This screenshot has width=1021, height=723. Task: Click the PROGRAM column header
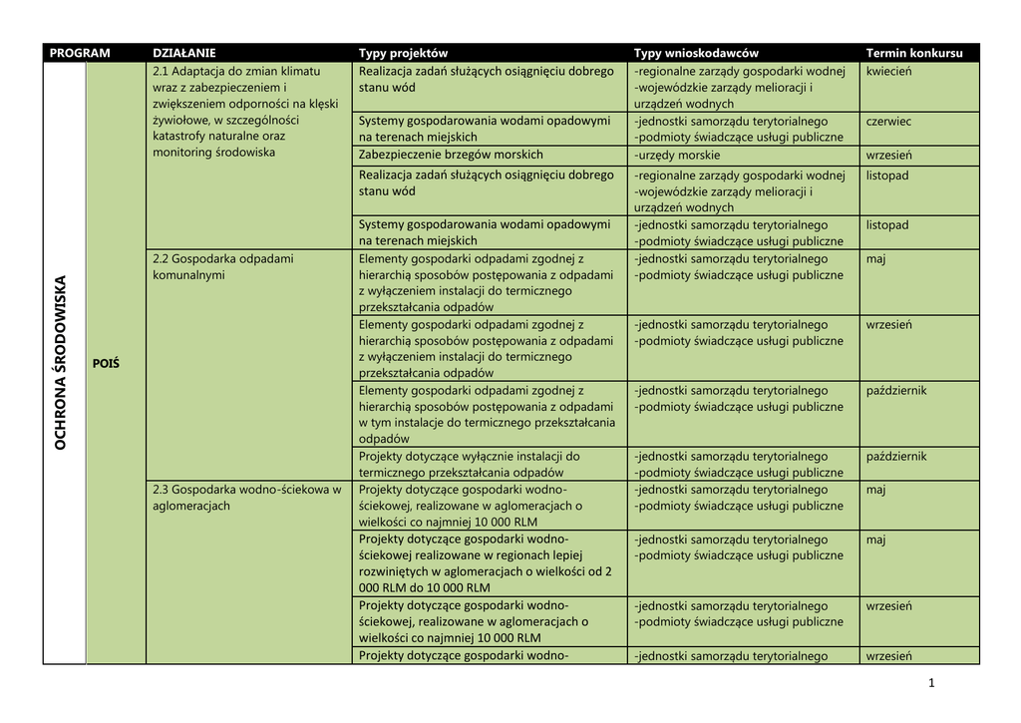click(81, 53)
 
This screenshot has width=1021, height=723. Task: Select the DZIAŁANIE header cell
click(184, 53)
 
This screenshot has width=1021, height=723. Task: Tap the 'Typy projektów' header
click(404, 53)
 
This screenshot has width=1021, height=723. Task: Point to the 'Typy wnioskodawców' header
click(696, 53)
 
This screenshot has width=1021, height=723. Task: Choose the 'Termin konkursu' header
click(914, 53)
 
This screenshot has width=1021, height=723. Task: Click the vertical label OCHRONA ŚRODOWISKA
click(61, 362)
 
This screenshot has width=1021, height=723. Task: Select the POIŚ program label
click(106, 364)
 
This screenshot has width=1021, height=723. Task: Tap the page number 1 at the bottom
click(931, 683)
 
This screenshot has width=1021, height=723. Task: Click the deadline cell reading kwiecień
click(888, 72)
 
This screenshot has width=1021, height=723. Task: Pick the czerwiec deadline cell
click(888, 122)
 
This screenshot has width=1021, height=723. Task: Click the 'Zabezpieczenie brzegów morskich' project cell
click(451, 155)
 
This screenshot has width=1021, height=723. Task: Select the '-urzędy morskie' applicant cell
click(677, 156)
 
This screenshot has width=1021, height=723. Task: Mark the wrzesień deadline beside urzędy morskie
click(889, 156)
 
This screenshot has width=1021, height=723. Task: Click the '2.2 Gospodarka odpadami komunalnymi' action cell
click(222, 266)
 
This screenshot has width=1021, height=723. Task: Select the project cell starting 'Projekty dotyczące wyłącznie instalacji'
click(469, 464)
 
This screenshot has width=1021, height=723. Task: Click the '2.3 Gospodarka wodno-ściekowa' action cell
click(246, 498)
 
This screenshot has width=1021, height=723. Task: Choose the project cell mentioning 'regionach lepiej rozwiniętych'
click(486, 563)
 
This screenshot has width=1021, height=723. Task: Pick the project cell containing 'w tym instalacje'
click(488, 414)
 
